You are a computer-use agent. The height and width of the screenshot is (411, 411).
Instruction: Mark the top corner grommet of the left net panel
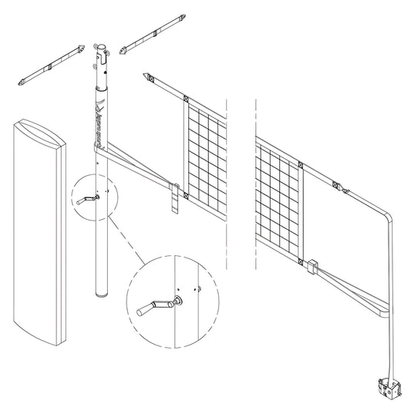(186, 98)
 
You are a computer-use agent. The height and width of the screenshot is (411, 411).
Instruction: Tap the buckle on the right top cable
(341, 187)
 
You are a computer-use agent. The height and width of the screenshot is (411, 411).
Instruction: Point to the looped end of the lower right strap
(382, 313)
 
